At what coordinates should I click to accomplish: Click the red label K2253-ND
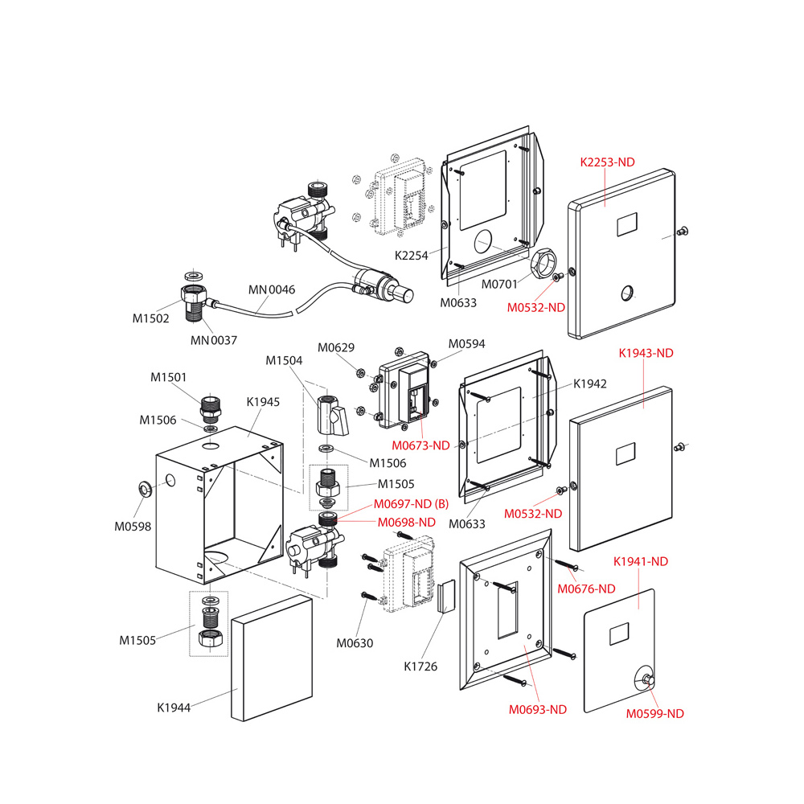pos(608,162)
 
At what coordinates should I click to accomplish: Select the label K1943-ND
pos(646,353)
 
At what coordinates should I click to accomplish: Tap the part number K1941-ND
pos(641,560)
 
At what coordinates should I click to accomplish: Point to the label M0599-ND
pos(655,713)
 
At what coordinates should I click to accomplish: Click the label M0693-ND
pos(538,709)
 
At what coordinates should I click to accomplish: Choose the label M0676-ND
pos(587,589)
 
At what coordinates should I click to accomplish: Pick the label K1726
pos(421,666)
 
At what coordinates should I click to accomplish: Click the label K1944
pos(174,708)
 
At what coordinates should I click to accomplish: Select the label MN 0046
pos(272,289)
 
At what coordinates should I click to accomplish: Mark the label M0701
pos(498,284)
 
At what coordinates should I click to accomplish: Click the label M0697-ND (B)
pos(411,504)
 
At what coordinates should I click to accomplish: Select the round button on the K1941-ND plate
pos(645,679)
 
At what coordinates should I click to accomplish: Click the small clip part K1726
pos(445,597)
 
